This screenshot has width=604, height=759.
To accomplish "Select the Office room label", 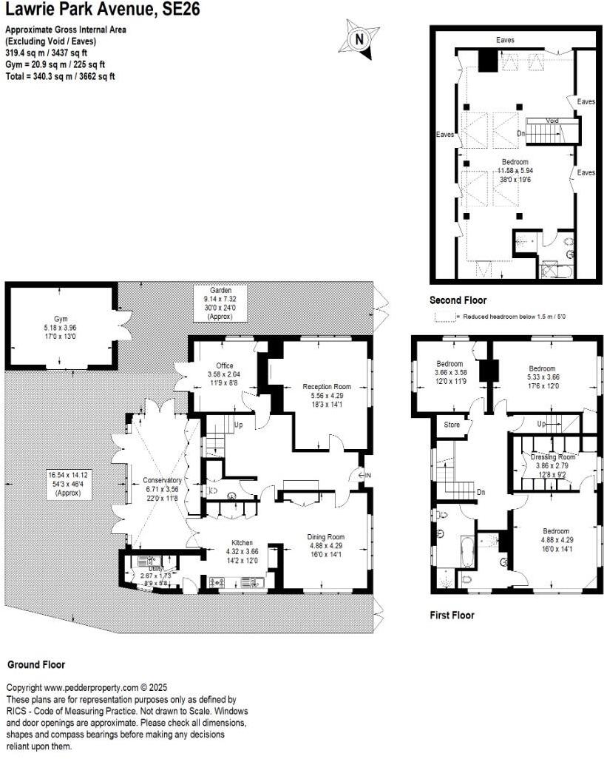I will coord(225,365).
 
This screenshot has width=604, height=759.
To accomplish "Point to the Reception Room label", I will coord(328,386).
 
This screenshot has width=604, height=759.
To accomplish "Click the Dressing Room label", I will coord(552,457).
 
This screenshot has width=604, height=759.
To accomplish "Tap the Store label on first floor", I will coord(451,425).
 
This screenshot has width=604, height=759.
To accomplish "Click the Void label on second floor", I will coord(552,121).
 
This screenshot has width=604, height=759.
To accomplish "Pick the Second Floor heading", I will coord(458,300).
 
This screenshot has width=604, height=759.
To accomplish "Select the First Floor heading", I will coord(452,615).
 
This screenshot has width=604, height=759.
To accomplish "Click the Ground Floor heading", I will coord(35,664).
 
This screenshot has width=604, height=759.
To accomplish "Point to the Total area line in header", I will coord(60,76).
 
